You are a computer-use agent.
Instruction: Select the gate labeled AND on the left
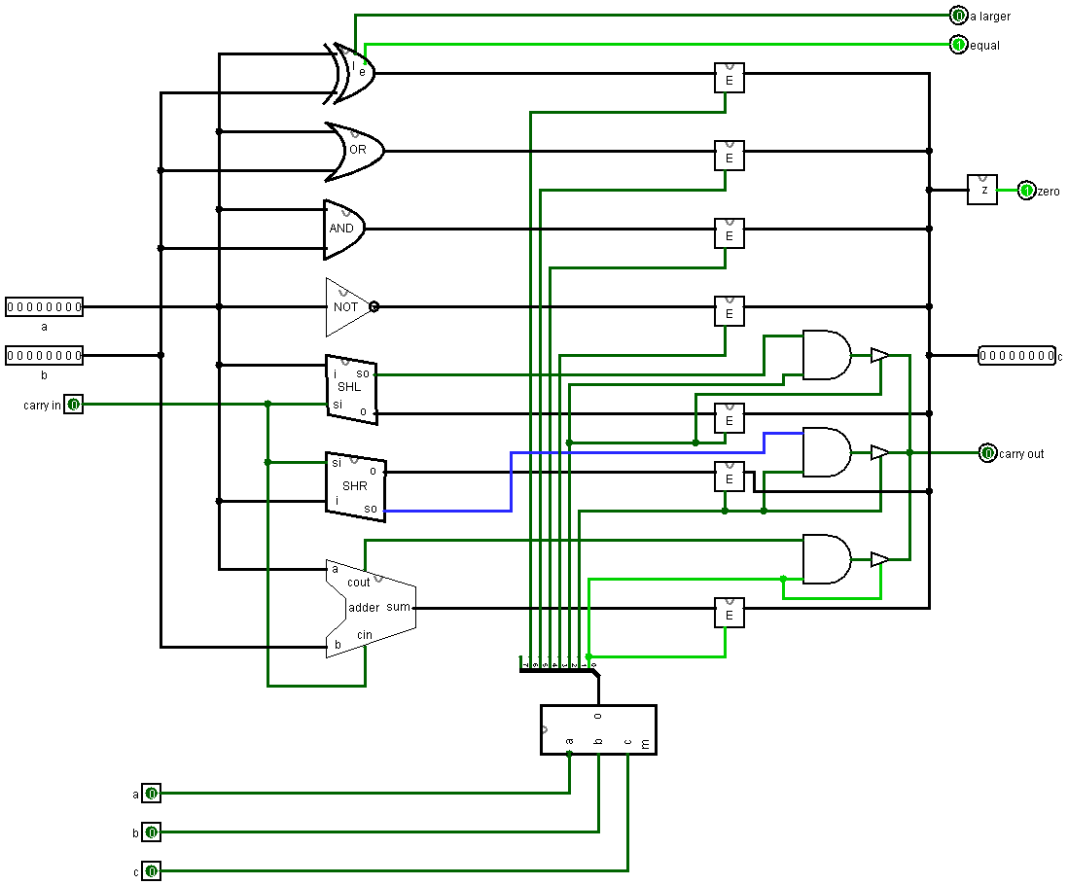click(343, 229)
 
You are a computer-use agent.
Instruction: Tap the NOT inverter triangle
click(347, 306)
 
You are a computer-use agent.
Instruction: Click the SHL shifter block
click(351, 387)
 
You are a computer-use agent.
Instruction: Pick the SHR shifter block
click(355, 485)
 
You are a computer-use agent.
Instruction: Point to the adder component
click(370, 608)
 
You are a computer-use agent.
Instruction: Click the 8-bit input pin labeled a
click(44, 307)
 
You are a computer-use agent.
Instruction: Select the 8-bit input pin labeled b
click(44, 355)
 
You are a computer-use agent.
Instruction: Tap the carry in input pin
click(74, 404)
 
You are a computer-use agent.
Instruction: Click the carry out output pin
click(987, 453)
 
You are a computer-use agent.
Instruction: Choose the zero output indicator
click(1026, 191)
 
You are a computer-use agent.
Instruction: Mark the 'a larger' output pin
click(958, 16)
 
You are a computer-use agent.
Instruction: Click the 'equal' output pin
click(958, 45)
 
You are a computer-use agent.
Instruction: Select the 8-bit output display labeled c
click(1016, 356)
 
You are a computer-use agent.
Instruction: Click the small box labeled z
click(982, 190)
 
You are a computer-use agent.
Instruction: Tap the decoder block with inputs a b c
click(598, 729)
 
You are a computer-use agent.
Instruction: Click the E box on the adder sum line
click(730, 613)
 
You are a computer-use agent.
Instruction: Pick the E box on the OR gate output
click(730, 156)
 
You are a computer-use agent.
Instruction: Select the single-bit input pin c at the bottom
click(151, 871)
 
